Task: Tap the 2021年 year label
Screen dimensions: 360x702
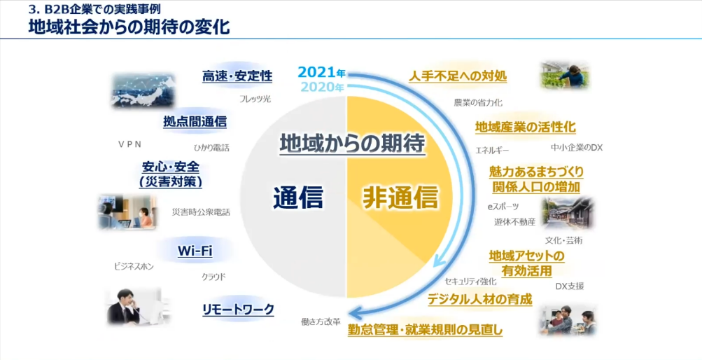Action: click(x=321, y=72)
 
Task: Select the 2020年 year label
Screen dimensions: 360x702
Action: click(x=321, y=88)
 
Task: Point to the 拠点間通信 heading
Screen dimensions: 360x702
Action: click(x=195, y=120)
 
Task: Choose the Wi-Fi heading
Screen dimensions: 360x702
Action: click(x=195, y=250)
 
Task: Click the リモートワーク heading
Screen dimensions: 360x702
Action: click(x=238, y=309)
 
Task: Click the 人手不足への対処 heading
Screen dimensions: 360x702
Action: click(x=458, y=76)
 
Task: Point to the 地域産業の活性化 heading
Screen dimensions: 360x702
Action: click(x=525, y=127)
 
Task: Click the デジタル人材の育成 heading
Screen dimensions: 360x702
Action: click(x=480, y=299)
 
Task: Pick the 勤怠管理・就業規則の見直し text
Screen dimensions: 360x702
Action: click(x=426, y=329)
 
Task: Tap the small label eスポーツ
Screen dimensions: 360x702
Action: click(x=503, y=207)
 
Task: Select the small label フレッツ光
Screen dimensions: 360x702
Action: click(x=255, y=99)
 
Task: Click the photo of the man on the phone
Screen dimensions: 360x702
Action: click(x=134, y=305)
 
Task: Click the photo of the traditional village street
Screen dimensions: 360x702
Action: click(x=567, y=214)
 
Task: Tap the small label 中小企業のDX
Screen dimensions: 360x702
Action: click(x=577, y=148)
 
